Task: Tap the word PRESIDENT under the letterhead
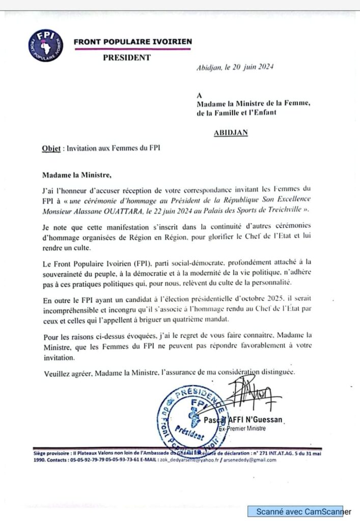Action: pos(127,57)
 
